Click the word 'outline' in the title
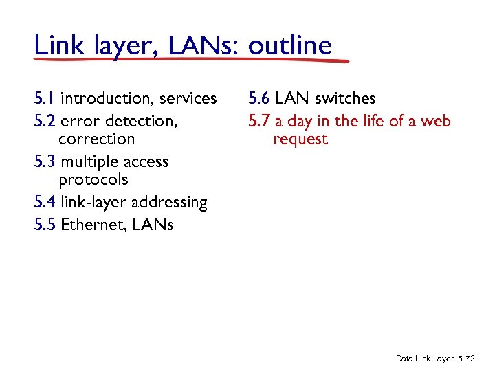290,45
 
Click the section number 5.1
45,99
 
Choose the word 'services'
187,99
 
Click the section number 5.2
45,121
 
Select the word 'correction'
97,139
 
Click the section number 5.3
45,161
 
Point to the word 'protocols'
93,180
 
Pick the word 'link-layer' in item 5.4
92,203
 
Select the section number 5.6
260,99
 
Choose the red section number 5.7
260,122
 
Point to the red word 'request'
300,139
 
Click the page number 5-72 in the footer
467,359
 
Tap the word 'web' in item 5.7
437,122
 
